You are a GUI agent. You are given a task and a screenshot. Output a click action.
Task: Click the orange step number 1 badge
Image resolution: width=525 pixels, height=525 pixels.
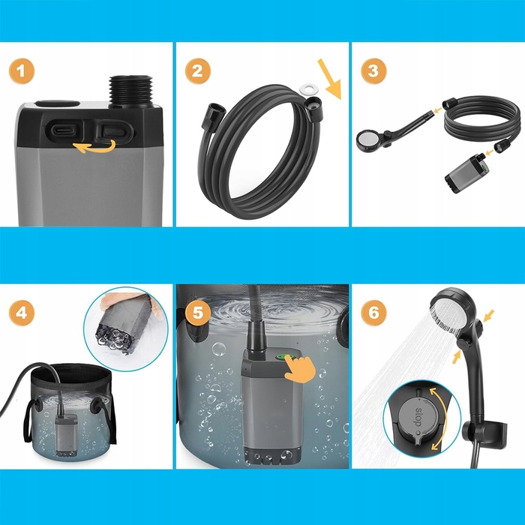click(x=22, y=71)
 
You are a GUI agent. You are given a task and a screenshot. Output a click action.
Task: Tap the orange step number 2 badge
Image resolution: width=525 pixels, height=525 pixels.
click(x=197, y=71)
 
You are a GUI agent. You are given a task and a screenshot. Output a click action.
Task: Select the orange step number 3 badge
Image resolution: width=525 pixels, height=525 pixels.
click(x=373, y=71)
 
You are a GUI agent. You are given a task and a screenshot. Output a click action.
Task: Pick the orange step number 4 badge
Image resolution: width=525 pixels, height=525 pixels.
click(x=22, y=313)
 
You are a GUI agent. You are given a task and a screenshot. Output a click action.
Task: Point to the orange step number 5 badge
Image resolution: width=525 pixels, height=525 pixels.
click(x=197, y=313)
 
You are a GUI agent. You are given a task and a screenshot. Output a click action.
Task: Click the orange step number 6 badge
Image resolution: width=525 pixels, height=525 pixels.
click(x=373, y=313)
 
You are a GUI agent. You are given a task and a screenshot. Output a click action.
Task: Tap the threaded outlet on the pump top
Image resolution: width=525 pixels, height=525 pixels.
click(x=131, y=91)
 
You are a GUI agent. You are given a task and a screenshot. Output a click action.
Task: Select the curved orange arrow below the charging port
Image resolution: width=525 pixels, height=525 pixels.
click(x=94, y=147)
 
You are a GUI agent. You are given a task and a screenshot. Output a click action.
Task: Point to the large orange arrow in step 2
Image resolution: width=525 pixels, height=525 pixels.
click(x=330, y=79)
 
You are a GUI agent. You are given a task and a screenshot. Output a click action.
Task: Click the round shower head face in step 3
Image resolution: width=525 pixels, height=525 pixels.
click(x=367, y=140)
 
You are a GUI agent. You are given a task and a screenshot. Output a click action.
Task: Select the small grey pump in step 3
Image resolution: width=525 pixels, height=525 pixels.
click(x=466, y=174)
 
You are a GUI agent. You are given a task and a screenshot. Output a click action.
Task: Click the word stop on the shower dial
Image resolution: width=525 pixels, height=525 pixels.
click(x=418, y=418)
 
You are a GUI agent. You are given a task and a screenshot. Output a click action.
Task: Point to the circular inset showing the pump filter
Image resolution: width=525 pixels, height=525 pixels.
click(x=126, y=329)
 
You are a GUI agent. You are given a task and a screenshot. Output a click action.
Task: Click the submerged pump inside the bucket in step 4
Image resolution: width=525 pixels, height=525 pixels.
click(x=66, y=434)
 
